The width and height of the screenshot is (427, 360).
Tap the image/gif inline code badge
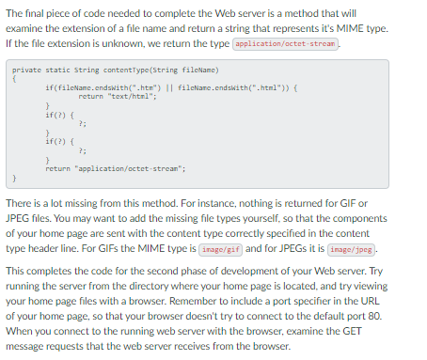click(222, 248)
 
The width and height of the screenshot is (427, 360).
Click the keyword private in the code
click(26, 70)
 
